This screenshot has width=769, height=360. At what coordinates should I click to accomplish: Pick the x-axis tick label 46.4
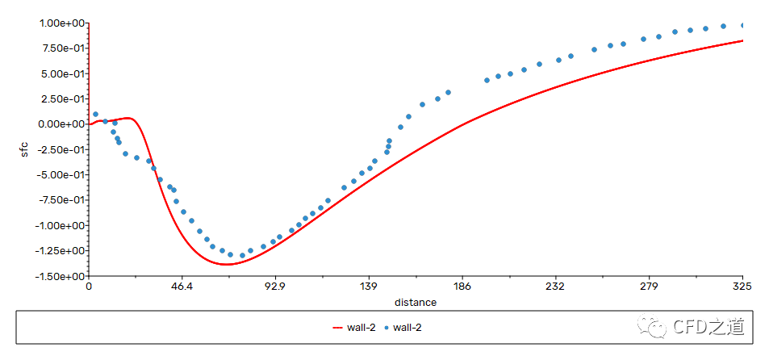point(182,287)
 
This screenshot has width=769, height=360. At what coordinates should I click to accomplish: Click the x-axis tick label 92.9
point(276,287)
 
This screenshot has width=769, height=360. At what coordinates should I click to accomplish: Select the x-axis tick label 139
point(369,287)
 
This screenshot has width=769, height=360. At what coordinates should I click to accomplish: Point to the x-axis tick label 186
point(462,287)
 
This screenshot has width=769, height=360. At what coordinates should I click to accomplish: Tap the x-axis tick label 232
point(555,287)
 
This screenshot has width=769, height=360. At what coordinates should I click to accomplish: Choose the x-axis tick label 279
point(649,287)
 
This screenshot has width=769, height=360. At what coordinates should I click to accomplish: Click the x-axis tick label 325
point(742,287)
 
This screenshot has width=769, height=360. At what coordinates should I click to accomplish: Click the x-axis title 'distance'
point(416,303)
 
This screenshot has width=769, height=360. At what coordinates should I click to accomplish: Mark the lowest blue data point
point(242,255)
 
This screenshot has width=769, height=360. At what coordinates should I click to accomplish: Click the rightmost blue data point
point(743,26)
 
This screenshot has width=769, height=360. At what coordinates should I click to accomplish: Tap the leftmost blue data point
point(96,114)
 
